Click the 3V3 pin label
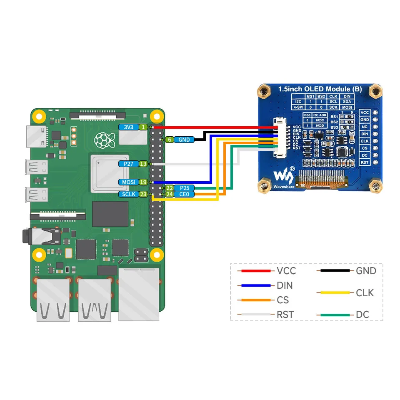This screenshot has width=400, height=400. point(128,127)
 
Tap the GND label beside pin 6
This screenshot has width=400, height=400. point(184,140)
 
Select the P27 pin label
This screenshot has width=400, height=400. point(128,164)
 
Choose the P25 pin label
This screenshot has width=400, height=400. point(184,188)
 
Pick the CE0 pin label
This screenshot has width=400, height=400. point(184,194)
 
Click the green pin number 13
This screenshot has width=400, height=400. point(143,164)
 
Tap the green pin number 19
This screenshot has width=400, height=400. point(143,182)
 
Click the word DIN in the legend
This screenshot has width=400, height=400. point(285,285)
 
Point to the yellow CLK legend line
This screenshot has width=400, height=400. point(335,293)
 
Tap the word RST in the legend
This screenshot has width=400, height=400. point(285,315)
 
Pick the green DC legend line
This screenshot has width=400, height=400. point(335,315)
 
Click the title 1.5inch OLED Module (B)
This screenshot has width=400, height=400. point(320,89)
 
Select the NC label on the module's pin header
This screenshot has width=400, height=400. point(365,127)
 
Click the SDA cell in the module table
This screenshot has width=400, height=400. point(347,101)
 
